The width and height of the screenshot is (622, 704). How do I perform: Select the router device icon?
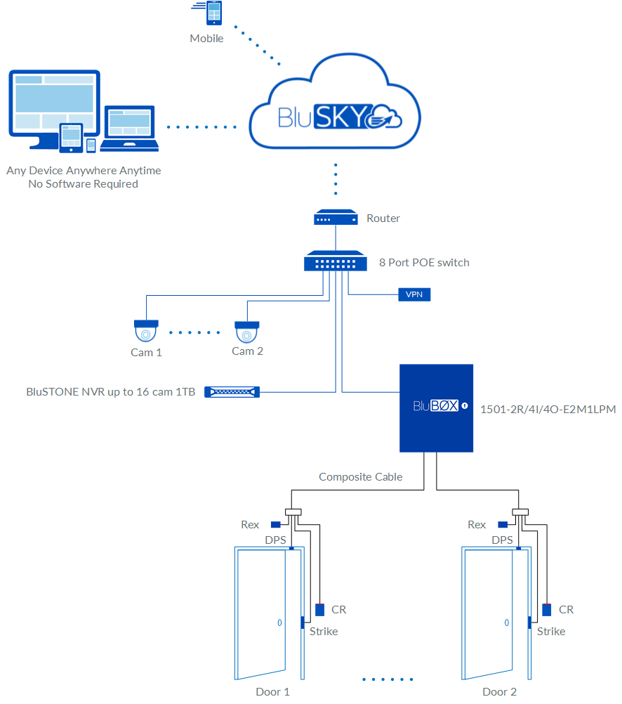point(336,219)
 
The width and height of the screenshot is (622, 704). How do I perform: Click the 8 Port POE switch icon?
point(336,262)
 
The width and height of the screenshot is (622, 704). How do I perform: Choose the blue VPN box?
point(414,294)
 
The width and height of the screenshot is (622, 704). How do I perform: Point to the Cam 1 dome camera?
point(146,331)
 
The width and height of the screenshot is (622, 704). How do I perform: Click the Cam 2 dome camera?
point(247,331)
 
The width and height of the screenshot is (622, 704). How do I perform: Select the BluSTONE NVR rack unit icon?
point(232,392)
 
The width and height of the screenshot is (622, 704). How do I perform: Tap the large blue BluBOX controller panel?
point(436,408)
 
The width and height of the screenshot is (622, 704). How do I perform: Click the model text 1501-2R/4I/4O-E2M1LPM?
point(548,408)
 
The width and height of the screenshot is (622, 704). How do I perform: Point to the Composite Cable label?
point(360,476)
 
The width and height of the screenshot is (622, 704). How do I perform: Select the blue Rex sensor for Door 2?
point(503,524)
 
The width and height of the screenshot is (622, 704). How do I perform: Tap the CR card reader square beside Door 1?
point(319,610)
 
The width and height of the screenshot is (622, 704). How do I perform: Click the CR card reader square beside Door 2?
point(546,610)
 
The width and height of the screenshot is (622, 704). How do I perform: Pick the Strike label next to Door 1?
point(324,631)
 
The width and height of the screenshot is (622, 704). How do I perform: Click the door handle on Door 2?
point(506,622)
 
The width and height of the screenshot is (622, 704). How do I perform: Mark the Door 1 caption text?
point(272,691)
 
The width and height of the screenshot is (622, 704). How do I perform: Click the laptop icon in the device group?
point(129,129)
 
